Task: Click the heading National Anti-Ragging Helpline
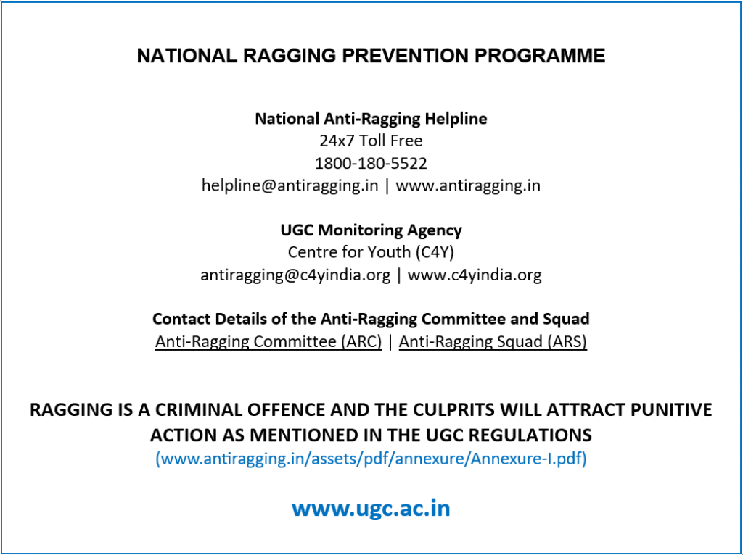(371, 118)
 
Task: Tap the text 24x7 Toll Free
(371, 141)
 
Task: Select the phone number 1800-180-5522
(371, 163)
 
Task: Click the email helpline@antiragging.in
(290, 185)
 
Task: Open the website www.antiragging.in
(468, 185)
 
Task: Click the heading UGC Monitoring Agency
(371, 230)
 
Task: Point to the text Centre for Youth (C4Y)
(371, 252)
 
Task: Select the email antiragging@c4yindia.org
(296, 275)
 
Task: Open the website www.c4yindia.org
(475, 275)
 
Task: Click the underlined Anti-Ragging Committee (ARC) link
(268, 341)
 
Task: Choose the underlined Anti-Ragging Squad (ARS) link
(493, 341)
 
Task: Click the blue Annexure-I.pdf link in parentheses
(371, 459)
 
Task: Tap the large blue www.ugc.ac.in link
(371, 508)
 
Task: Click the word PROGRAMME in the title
(540, 55)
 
